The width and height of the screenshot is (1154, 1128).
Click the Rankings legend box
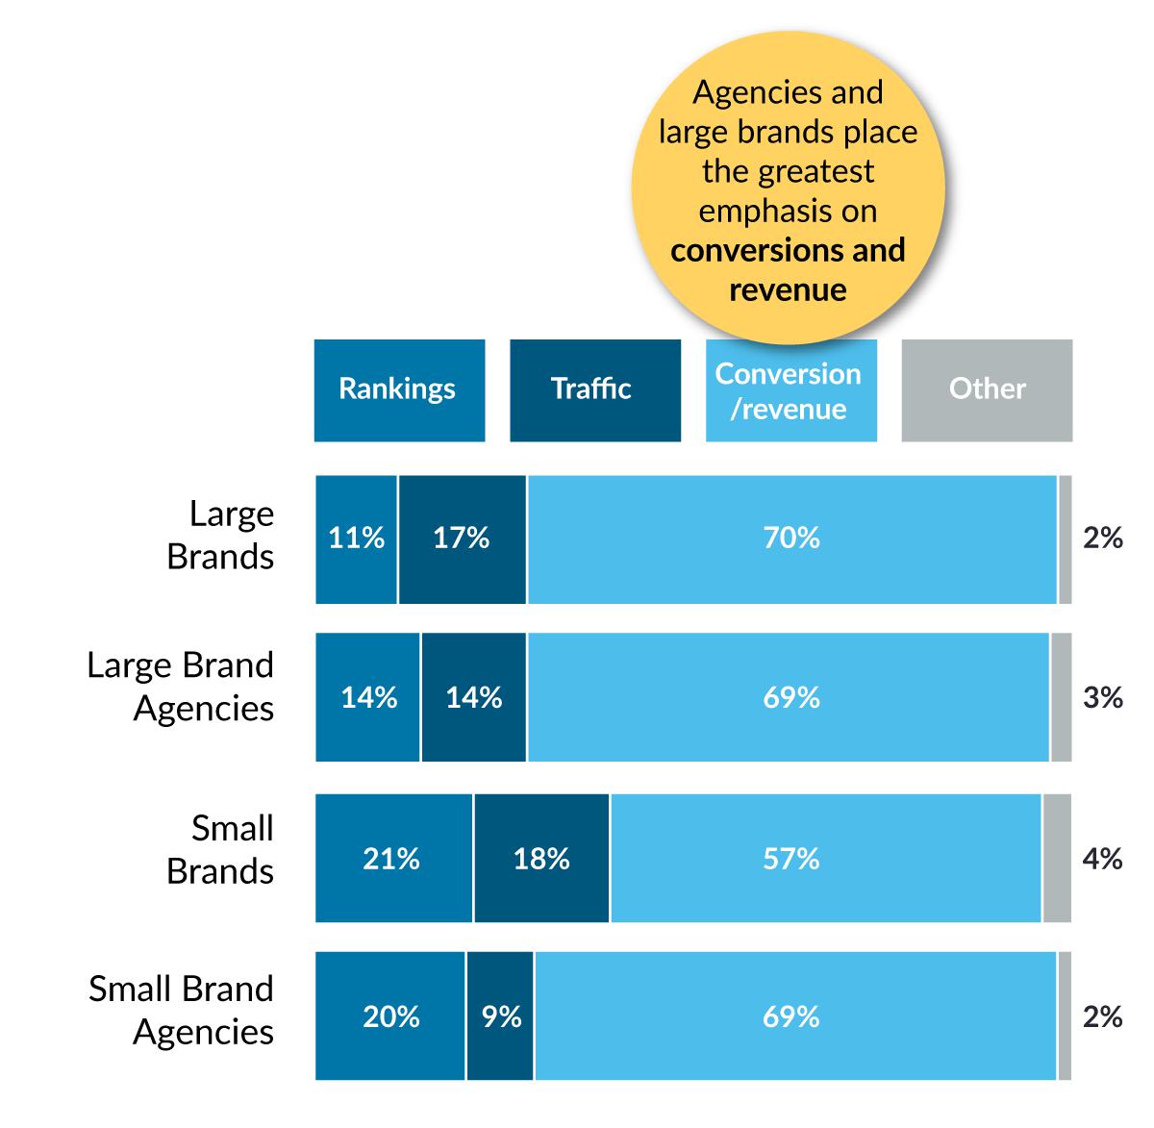[398, 390]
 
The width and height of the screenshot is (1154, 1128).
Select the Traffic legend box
[594, 390]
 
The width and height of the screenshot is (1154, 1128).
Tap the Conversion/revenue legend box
[790, 390]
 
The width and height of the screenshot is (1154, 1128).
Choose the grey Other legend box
[987, 390]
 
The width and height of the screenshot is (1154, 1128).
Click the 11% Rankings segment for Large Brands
[356, 539]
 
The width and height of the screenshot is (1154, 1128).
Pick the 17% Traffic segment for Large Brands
[462, 539]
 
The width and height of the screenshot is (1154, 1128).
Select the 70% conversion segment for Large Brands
[791, 539]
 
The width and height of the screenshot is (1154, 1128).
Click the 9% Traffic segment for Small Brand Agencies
[500, 1016]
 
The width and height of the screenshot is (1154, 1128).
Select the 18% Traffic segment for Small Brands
[541, 859]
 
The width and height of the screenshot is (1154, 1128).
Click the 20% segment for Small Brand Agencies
[390, 1016]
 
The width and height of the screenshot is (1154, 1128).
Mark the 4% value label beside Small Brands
[1102, 858]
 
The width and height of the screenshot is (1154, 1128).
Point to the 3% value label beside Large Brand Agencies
[1102, 697]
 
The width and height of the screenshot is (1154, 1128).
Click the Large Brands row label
[221, 535]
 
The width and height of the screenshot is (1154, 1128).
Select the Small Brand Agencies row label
[183, 1010]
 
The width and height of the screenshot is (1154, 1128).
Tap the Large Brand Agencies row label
[182, 687]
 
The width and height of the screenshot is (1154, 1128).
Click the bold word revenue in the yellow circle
[788, 290]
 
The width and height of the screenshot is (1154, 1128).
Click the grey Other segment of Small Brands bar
[1057, 859]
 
